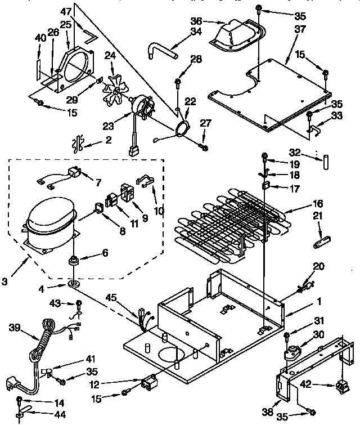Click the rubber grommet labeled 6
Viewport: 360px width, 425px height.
[x=73, y=260]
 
